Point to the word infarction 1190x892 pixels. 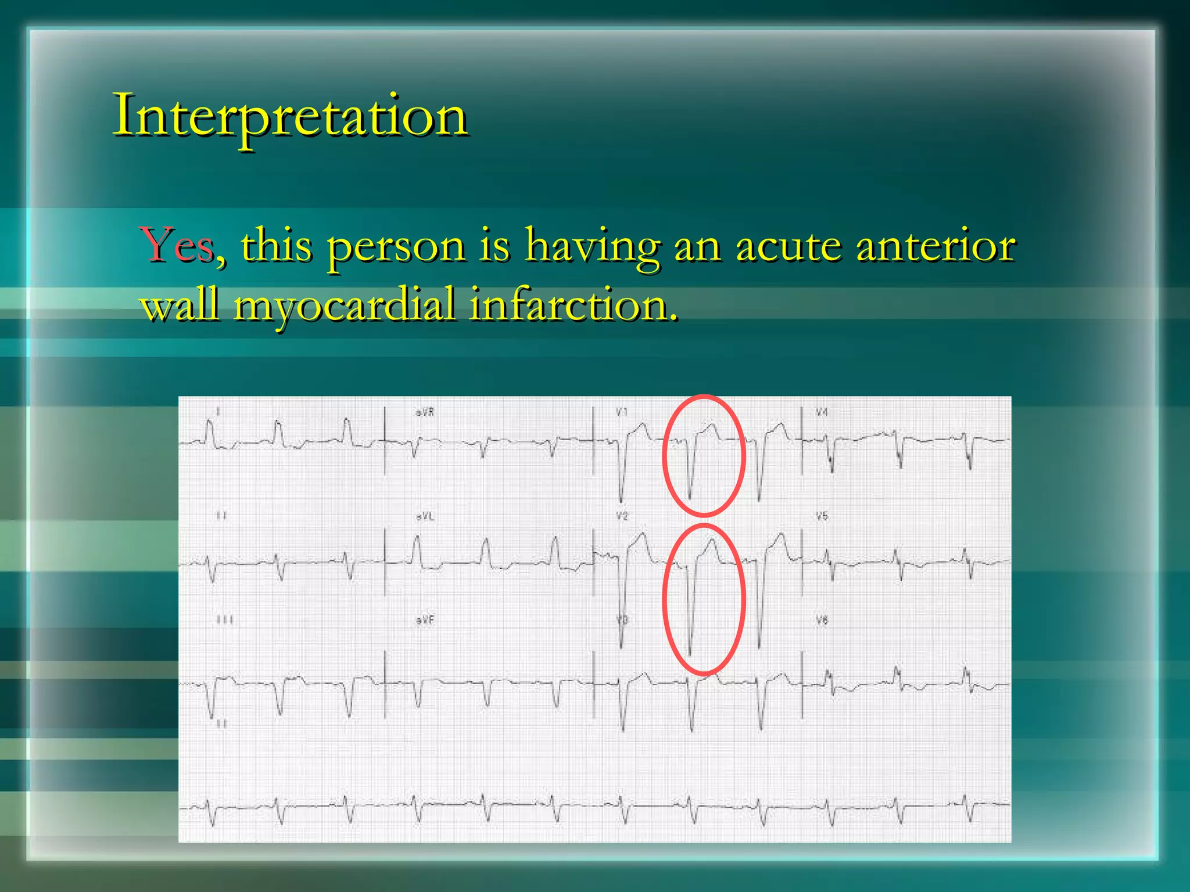(x=573, y=305)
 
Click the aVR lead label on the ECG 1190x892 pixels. (x=425, y=412)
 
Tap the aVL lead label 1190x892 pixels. (x=425, y=516)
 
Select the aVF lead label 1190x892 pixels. (x=425, y=620)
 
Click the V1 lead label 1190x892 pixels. (x=622, y=412)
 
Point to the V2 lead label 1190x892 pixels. (x=622, y=516)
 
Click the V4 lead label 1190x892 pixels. (x=822, y=412)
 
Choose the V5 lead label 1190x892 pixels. (x=822, y=516)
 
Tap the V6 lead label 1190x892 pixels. (x=822, y=620)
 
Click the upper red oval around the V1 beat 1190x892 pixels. (x=664, y=456)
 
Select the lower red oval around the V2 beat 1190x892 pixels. (x=664, y=598)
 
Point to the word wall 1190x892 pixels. (x=180, y=305)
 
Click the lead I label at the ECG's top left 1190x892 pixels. (x=218, y=412)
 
